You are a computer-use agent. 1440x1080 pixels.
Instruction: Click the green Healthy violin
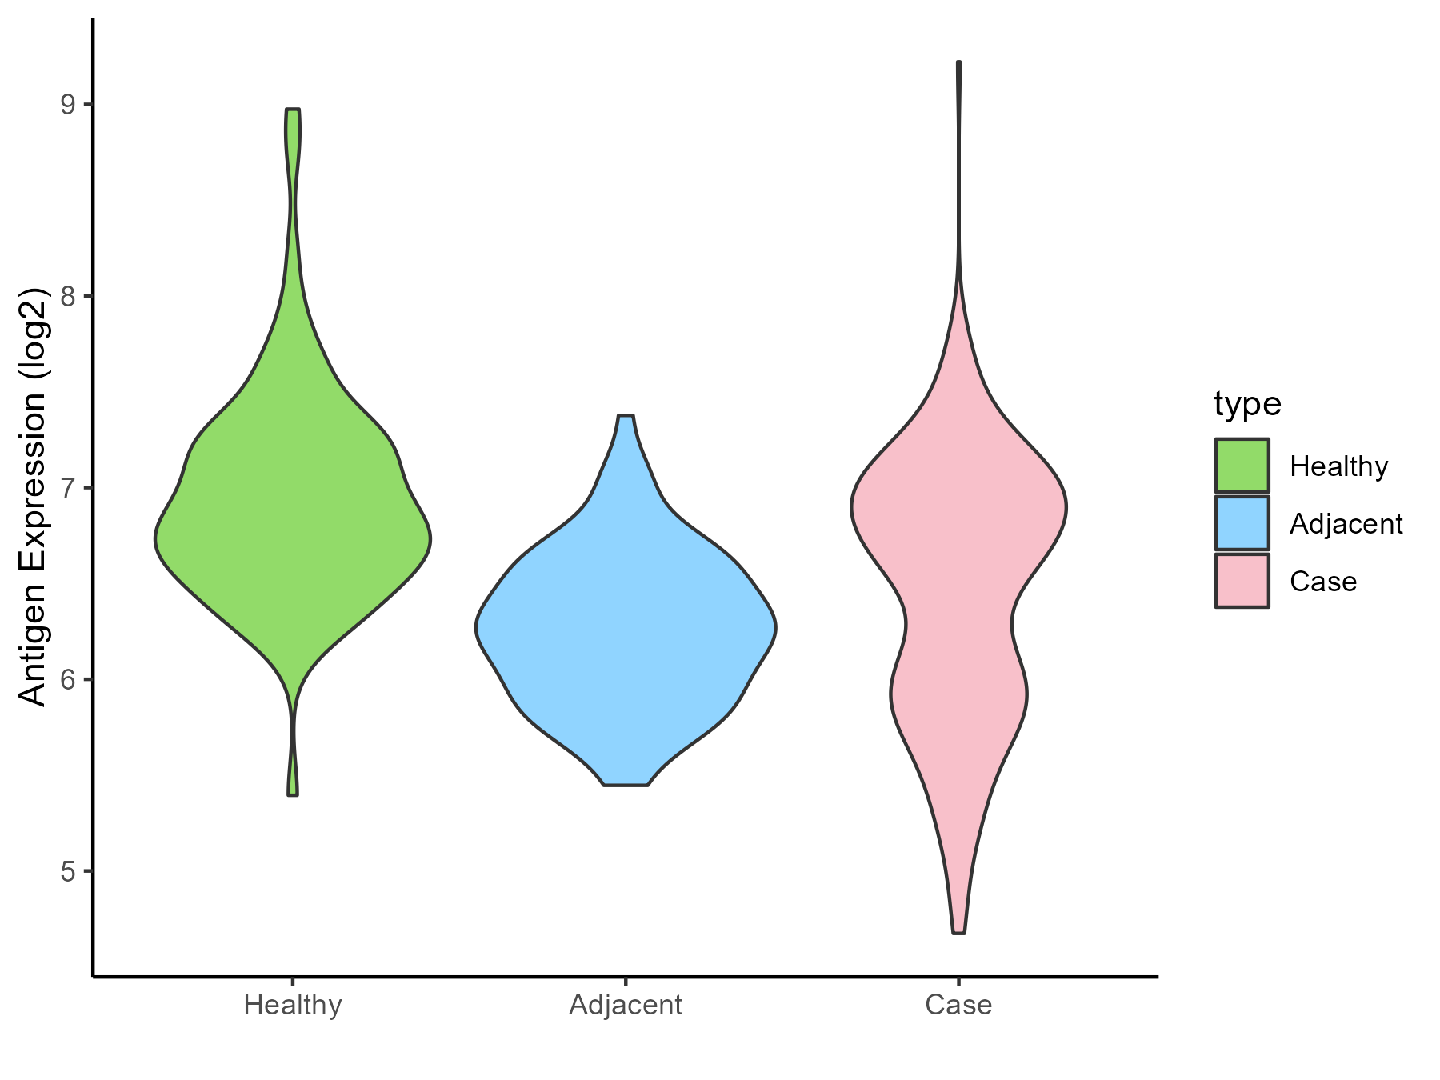(x=293, y=536)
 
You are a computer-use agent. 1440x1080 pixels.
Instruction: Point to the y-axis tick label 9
(x=66, y=104)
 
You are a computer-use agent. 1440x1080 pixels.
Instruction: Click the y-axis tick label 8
(x=66, y=296)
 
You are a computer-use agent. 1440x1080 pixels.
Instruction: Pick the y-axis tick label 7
(x=66, y=487)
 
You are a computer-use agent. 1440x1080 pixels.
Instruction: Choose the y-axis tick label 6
(x=66, y=679)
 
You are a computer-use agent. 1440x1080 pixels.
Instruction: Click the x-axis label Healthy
(x=293, y=1005)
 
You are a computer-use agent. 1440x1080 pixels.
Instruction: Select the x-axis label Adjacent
(x=626, y=1005)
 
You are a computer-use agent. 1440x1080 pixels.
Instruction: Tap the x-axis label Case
(x=958, y=1005)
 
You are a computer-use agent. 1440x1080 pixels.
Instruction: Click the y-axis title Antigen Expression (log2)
(x=34, y=496)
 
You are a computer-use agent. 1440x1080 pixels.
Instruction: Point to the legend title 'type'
(x=1247, y=404)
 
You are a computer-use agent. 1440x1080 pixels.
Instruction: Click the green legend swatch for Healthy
(x=1242, y=465)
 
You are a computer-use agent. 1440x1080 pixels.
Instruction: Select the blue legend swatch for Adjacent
(x=1242, y=523)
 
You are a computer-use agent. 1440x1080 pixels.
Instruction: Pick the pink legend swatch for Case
(x=1242, y=581)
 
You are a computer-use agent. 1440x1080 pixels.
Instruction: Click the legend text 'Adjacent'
(x=1346, y=524)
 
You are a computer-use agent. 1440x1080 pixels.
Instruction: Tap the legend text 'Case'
(x=1323, y=582)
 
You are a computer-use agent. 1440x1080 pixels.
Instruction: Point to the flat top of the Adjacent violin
(x=626, y=416)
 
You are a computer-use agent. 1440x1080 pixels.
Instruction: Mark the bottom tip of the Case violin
(x=958, y=932)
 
